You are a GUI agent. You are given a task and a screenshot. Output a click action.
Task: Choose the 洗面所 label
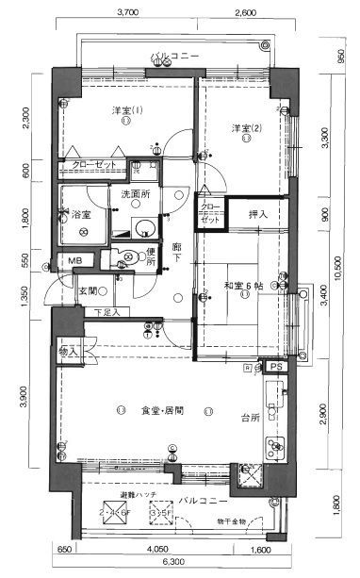click(136, 194)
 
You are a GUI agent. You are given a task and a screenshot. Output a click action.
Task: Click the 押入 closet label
click(257, 214)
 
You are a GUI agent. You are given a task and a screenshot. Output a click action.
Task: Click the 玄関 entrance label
click(89, 290)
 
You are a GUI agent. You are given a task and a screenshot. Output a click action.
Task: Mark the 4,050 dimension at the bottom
click(156, 548)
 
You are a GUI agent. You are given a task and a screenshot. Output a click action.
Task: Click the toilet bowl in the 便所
click(129, 256)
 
